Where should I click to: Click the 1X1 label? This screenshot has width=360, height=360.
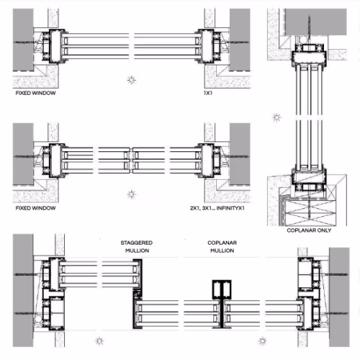(x=208, y=93)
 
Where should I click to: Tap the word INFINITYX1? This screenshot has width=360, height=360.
(x=230, y=208)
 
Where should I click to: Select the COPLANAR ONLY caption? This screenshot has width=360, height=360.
(x=309, y=230)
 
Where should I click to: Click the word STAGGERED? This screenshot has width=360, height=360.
(x=137, y=243)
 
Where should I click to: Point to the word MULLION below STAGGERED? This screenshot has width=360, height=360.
(x=137, y=251)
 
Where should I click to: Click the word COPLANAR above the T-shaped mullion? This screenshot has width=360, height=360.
(x=222, y=243)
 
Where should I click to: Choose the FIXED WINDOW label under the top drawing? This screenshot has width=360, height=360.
(x=35, y=93)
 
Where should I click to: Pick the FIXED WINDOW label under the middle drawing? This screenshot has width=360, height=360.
(x=35, y=208)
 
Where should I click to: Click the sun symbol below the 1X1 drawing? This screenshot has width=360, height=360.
(x=131, y=80)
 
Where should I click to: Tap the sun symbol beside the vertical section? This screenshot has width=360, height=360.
(x=276, y=117)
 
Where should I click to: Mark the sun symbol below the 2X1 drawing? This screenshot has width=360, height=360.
(x=131, y=194)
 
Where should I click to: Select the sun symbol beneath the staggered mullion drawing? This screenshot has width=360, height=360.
(x=99, y=341)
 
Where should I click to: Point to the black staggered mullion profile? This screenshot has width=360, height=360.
(x=138, y=294)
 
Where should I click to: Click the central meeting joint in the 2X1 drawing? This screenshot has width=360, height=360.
(x=131, y=160)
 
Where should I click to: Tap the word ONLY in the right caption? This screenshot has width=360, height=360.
(x=324, y=230)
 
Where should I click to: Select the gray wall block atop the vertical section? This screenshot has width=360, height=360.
(x=315, y=22)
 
